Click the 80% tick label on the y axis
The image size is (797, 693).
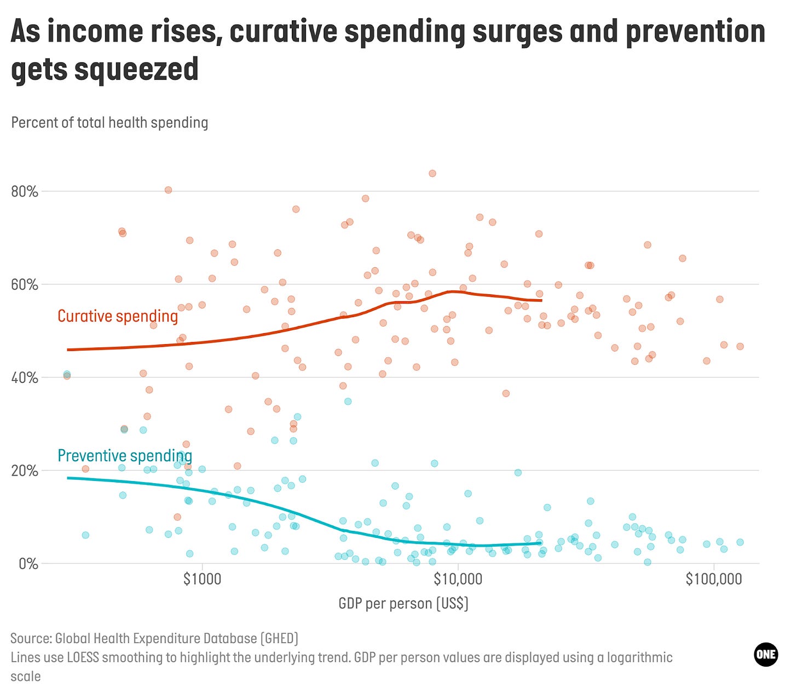tap(25, 192)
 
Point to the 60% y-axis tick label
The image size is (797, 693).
tap(25, 285)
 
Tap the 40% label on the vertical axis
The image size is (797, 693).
tap(25, 378)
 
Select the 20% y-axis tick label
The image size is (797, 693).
tap(25, 471)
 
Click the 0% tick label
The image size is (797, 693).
tap(28, 564)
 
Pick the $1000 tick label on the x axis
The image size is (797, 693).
tap(203, 579)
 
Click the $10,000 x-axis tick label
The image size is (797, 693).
tap(458, 579)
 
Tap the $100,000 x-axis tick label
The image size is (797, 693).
tap(714, 579)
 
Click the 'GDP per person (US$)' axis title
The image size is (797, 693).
tap(403, 604)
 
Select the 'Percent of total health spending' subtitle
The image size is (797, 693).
tap(109, 123)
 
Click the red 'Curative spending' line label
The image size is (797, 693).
tap(118, 316)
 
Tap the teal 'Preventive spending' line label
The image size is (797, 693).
tap(125, 456)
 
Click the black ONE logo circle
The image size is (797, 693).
tap(765, 655)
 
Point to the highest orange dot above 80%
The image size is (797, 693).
tap(432, 173)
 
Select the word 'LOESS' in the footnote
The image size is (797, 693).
tap(83, 657)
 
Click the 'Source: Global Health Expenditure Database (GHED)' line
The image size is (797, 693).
tap(154, 639)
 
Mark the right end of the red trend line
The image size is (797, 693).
tap(541, 300)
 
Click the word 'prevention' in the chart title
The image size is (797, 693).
tap(695, 32)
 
